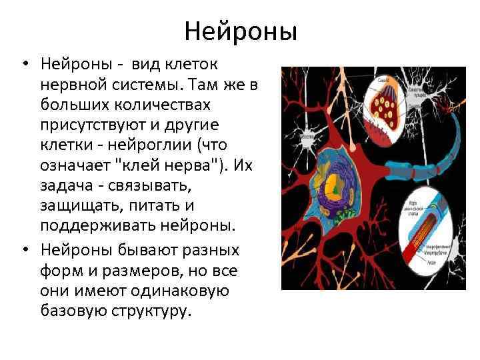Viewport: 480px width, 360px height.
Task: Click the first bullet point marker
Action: tap(25, 65)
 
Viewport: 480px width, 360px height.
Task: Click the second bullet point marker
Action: tap(25, 249)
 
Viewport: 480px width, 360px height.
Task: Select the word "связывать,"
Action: tap(155, 185)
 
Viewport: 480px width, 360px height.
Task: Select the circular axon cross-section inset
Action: tap(431, 233)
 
